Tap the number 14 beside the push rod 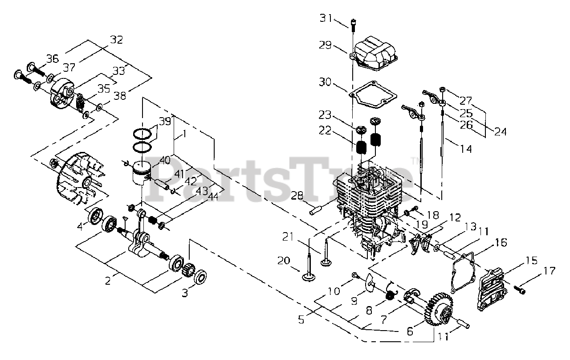[x=465, y=149]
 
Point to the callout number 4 [x=80, y=226]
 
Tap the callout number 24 [x=501, y=132]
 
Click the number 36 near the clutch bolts [x=53, y=58]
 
